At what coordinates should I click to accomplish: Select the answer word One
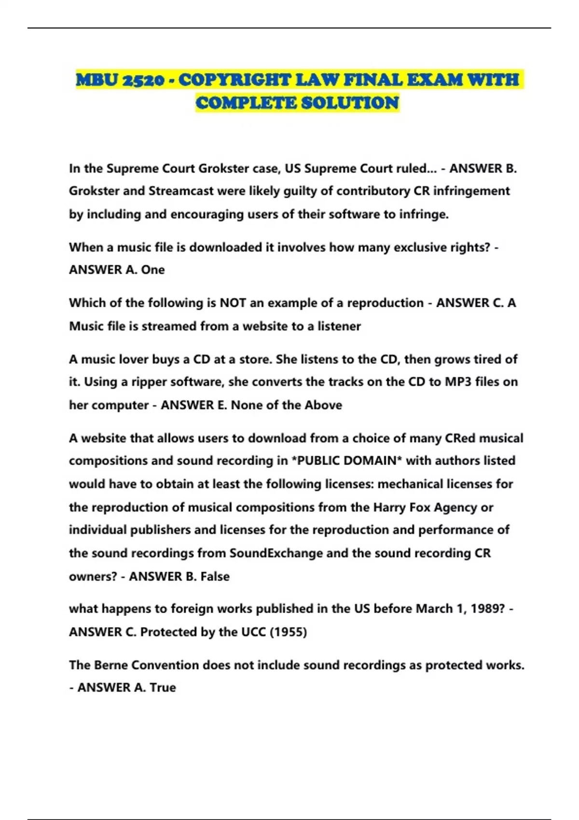click(x=153, y=270)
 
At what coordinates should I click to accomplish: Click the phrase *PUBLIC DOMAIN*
click(x=347, y=461)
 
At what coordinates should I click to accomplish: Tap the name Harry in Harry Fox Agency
click(x=389, y=507)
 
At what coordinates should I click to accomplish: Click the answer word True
click(x=163, y=688)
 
